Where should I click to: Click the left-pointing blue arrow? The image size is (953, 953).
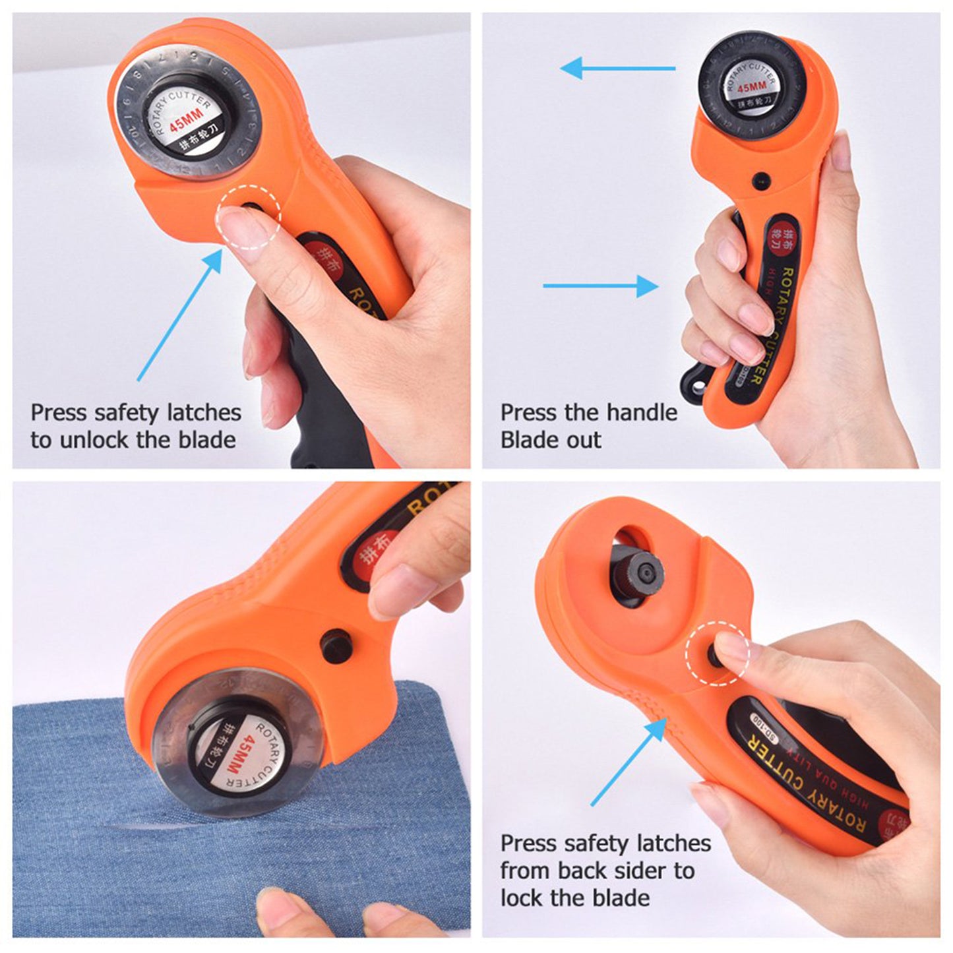[x=617, y=67]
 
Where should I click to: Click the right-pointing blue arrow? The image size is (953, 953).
[x=601, y=286]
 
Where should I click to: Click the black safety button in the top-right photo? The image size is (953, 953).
[x=761, y=178]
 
